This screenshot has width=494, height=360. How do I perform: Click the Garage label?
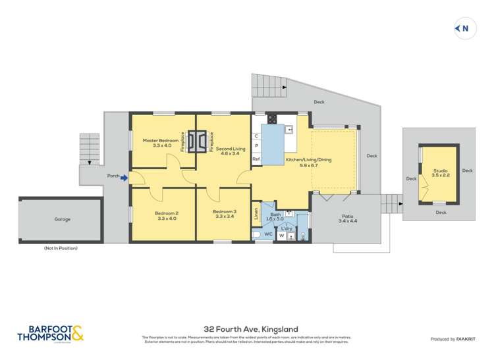(62, 219)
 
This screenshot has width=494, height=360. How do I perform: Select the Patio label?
(347, 218)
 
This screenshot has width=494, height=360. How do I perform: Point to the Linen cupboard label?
(256, 213)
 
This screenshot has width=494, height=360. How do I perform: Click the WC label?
(268, 234)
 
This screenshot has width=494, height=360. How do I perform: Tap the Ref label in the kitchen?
(256, 159)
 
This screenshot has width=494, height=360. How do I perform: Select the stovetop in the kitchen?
(272, 119)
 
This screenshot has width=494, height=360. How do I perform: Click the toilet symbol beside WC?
(258, 234)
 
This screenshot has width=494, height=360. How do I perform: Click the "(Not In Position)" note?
(61, 248)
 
